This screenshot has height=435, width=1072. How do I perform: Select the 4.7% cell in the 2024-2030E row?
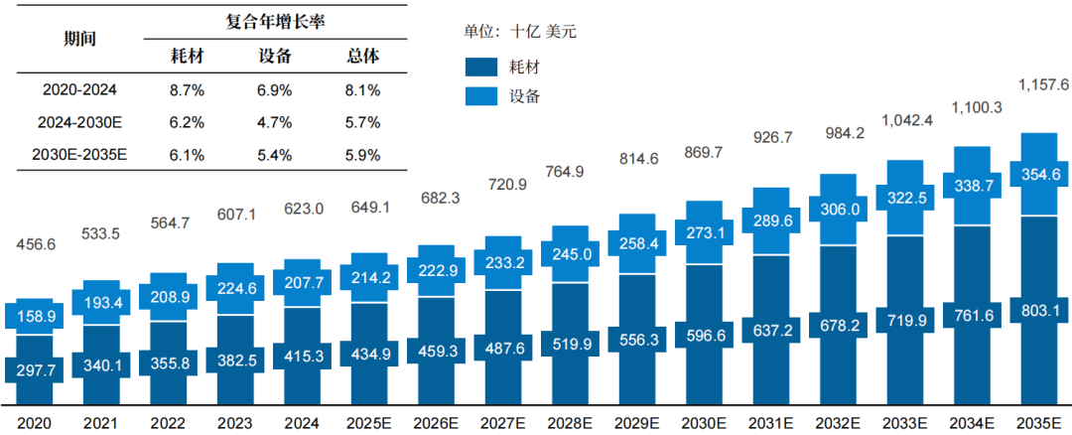click(x=273, y=123)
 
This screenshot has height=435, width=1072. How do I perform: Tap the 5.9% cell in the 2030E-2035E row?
click(x=361, y=156)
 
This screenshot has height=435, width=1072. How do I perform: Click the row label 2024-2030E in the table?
click(x=79, y=123)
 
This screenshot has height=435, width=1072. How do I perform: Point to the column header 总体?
click(x=361, y=57)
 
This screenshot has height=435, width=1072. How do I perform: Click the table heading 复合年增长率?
click(x=274, y=19)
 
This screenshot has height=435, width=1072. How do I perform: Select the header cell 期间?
click(x=79, y=38)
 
